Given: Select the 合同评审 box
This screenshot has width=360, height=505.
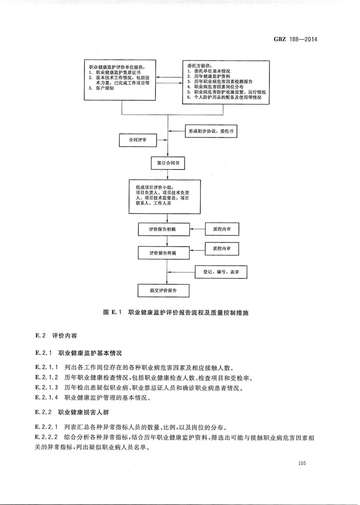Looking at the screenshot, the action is click(x=137, y=141).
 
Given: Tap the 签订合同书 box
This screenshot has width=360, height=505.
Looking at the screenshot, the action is click(x=168, y=163).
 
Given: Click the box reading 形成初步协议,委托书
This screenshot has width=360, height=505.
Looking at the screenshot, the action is click(x=211, y=131).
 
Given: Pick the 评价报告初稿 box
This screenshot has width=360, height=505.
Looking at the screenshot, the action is click(x=164, y=229).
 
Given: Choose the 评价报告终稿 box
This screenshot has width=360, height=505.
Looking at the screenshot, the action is click(x=164, y=253).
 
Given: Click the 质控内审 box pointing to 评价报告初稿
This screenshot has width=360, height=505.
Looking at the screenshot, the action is click(x=222, y=229).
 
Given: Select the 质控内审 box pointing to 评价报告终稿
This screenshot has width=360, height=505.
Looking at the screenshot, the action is click(x=222, y=249).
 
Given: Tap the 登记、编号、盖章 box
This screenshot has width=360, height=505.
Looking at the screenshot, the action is click(x=221, y=272).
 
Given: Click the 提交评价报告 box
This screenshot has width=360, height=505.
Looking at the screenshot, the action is click(x=164, y=290).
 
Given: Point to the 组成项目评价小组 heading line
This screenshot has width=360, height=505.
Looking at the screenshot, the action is click(x=155, y=187).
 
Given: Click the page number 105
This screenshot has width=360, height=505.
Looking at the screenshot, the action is click(x=302, y=463).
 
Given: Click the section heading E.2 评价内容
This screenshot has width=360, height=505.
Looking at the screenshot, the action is click(x=56, y=335).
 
